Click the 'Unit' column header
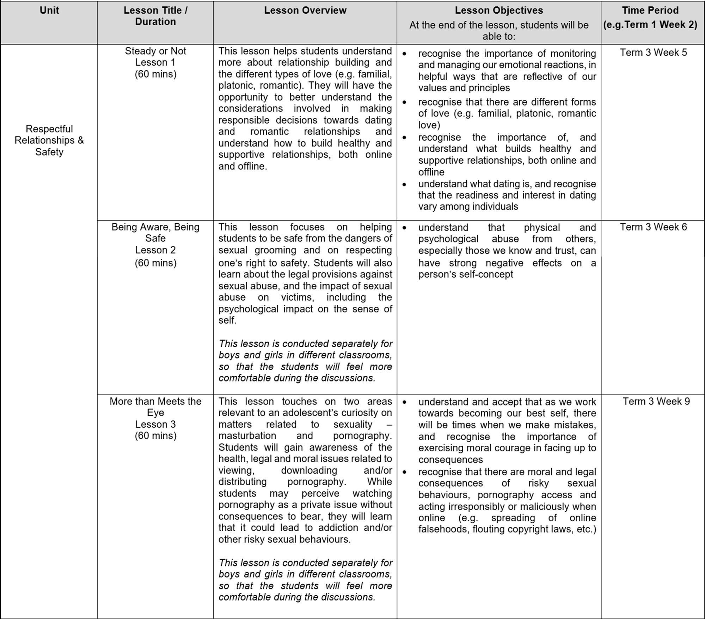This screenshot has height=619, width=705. (x=49, y=10)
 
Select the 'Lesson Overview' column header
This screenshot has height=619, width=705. (x=305, y=10)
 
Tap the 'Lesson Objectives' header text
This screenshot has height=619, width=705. (x=499, y=10)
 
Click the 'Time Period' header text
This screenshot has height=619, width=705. (x=650, y=10)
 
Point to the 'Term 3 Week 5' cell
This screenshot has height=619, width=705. (x=653, y=53)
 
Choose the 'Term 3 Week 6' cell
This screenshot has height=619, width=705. (x=653, y=227)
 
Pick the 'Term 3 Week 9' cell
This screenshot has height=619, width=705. (x=656, y=401)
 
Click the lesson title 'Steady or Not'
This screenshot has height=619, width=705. (x=155, y=51)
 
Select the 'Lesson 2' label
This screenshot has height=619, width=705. (x=155, y=250)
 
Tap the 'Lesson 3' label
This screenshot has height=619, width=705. (x=155, y=424)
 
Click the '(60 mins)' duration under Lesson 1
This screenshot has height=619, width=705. (x=155, y=74)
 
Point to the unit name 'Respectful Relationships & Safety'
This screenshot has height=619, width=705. (x=49, y=140)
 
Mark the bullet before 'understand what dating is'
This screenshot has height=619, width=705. (x=404, y=184)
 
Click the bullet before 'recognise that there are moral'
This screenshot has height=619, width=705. (x=404, y=472)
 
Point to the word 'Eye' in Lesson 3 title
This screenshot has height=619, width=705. (x=155, y=413)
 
